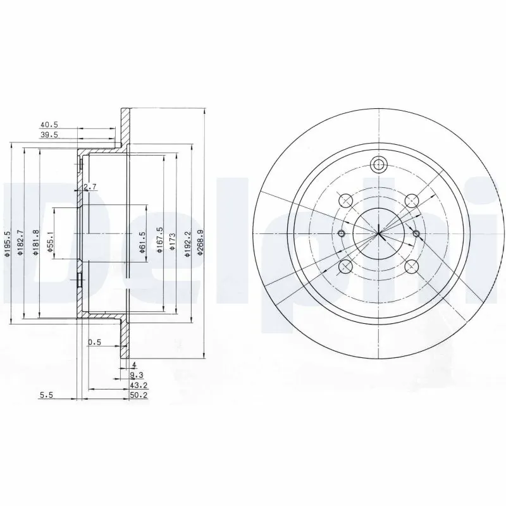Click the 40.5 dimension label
49,125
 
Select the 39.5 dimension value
49,135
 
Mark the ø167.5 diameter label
160,240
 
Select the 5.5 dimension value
46,395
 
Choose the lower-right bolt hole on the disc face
412,266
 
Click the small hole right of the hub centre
416,234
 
